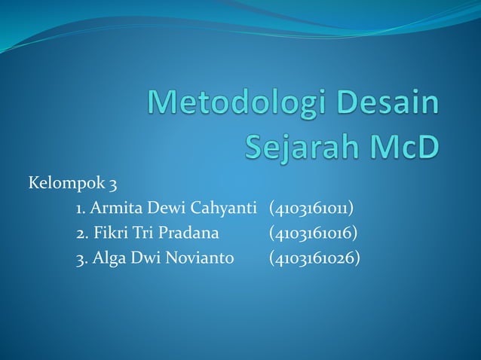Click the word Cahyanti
click(x=224, y=208)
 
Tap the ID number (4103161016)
click(x=314, y=233)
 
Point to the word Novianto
click(x=201, y=259)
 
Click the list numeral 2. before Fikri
click(x=82, y=233)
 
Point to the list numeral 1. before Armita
click(x=81, y=208)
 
